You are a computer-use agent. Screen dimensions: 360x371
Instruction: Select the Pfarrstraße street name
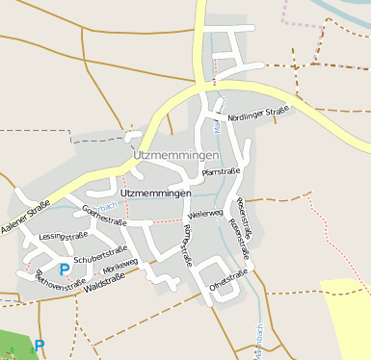point(221,171)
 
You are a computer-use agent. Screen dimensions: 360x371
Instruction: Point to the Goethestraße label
point(105,215)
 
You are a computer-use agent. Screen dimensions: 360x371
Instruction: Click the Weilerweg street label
point(206,213)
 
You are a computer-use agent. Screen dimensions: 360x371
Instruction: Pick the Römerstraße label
point(187,245)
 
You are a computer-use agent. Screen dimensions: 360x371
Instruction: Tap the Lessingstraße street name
point(63,235)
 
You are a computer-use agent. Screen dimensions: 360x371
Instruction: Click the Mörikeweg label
point(120,268)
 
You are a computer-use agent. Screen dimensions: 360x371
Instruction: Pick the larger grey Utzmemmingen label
point(176,155)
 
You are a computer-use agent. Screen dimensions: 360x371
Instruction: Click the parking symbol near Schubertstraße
point(65,270)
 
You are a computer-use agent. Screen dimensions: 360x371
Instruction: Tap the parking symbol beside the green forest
point(40,344)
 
